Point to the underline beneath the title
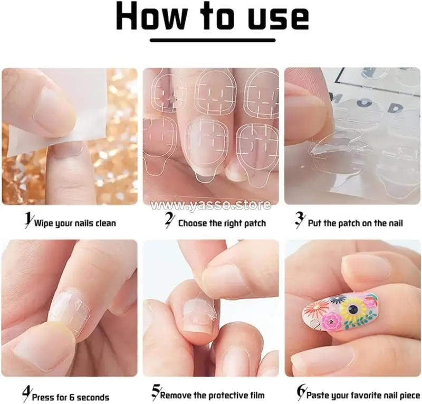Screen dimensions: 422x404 pyautogui.click(x=213, y=41)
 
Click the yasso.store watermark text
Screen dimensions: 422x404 pyautogui.click(x=210, y=205)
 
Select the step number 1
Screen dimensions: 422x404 pyautogui.click(x=28, y=220)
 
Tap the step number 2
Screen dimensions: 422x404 pyautogui.click(x=169, y=220)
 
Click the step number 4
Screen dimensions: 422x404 pyautogui.click(x=27, y=394)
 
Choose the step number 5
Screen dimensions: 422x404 pyautogui.click(x=156, y=392)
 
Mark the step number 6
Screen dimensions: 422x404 pyautogui.click(x=301, y=392)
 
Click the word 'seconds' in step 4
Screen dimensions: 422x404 pyautogui.click(x=93, y=397)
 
